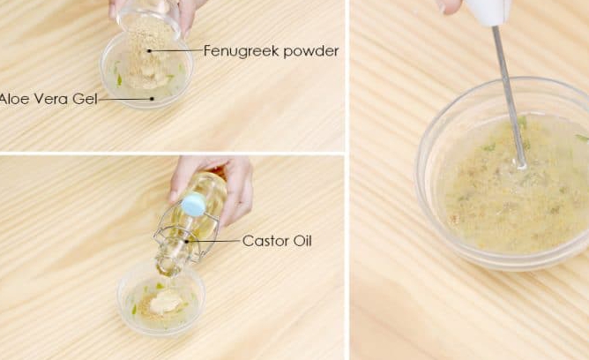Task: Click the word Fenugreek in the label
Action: coord(241,51)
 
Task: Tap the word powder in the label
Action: coord(311,51)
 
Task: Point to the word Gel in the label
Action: coord(85,99)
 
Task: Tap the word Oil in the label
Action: coord(302,241)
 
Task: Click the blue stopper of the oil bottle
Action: coord(193,204)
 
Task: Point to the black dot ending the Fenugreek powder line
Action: coord(150,50)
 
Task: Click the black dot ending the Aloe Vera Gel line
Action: coord(152,99)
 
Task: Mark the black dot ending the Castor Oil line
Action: coord(187,241)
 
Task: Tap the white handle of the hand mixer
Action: coord(488,12)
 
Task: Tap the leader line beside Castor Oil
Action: coord(213,241)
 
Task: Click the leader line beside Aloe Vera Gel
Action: coord(125,99)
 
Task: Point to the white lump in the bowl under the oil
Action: coord(166,302)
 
